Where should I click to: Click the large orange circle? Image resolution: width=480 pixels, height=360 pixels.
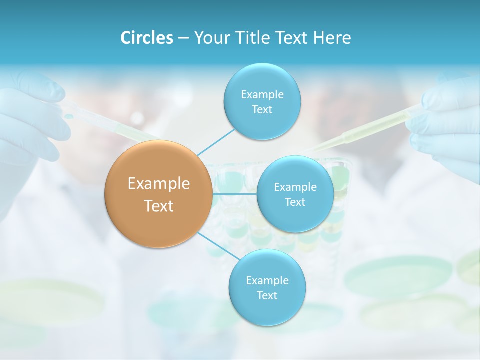point(158,194)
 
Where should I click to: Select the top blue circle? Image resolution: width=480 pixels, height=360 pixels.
point(261,101)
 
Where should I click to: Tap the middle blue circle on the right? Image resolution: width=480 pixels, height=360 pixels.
point(295,194)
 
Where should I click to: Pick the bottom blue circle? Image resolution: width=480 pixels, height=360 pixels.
point(267,287)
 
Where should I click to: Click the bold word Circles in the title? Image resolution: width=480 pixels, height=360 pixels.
point(147,38)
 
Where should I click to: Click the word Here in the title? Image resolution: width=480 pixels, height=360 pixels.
point(332,38)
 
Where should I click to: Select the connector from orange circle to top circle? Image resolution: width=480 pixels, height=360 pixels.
point(215,141)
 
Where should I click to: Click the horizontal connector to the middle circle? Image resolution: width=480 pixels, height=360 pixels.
point(234,194)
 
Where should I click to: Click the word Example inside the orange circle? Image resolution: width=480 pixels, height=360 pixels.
point(159,184)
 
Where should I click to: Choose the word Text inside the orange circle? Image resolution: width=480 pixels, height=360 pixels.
point(159,206)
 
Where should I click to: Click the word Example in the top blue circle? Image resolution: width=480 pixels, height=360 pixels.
point(262,94)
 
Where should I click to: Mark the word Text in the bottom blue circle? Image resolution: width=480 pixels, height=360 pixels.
point(267,295)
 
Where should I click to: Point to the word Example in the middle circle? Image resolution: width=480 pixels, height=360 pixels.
point(295,187)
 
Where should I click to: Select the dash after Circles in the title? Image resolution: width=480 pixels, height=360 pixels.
point(183,38)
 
